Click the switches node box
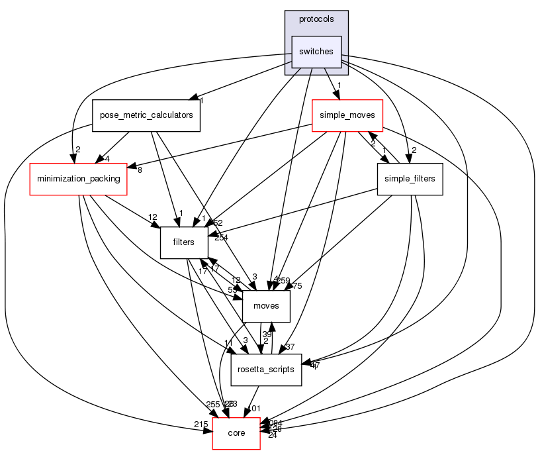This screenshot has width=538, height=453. click(x=316, y=52)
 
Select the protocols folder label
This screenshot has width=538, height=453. click(x=316, y=19)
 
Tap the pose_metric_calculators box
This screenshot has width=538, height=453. click(x=146, y=115)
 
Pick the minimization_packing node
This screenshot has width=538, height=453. click(x=78, y=179)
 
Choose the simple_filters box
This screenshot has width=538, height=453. click(x=409, y=179)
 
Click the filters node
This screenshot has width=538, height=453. click(x=183, y=242)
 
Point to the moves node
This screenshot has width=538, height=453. click(x=266, y=306)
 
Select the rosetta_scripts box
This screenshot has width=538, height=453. click(x=265, y=370)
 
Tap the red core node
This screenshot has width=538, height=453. click(x=236, y=433)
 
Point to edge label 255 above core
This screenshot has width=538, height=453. click(x=213, y=405)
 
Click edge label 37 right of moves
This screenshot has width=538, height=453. click(x=290, y=347)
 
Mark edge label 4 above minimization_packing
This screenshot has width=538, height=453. click(x=107, y=160)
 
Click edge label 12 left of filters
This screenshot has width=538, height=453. click(x=152, y=218)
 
